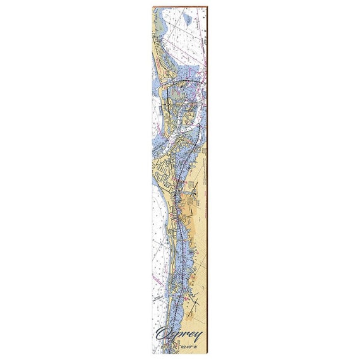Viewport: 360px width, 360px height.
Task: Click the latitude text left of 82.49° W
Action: point(167,346)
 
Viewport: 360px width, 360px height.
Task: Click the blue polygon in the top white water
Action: point(187,20)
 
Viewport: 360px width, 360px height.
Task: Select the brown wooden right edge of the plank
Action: point(207,189)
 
